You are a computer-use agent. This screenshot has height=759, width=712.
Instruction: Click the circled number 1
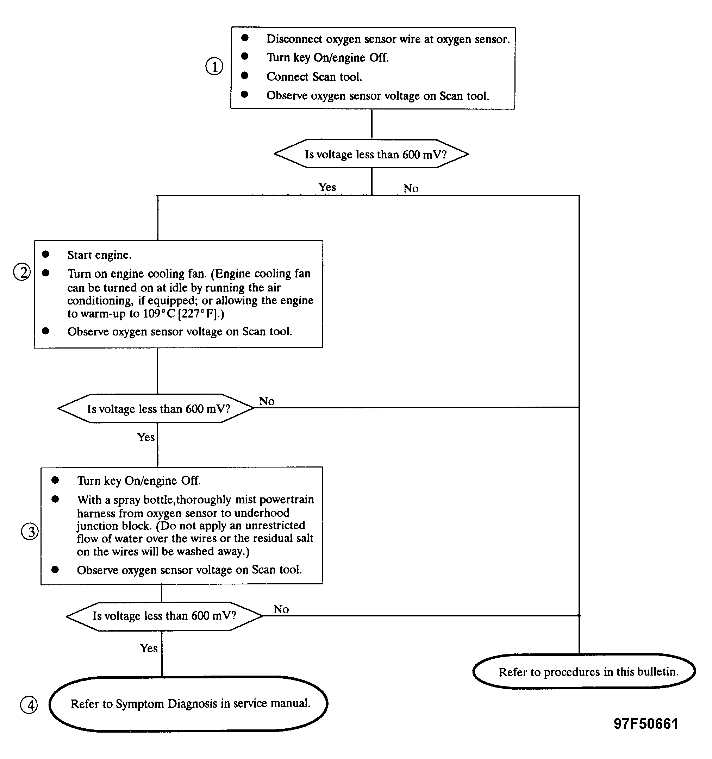click(214, 67)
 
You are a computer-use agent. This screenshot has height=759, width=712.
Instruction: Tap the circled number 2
click(22, 272)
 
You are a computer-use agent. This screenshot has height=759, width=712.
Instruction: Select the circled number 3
click(30, 532)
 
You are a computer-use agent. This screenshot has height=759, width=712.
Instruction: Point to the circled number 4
click(29, 705)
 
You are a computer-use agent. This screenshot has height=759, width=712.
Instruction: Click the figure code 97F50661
click(646, 724)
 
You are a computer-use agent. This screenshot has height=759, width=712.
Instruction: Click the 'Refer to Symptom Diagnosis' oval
click(188, 704)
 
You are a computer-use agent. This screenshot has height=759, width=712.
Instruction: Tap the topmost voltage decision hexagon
click(371, 154)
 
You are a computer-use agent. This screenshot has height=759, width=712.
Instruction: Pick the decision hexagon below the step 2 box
click(156, 408)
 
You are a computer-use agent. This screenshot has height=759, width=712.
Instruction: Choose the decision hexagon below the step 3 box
click(164, 616)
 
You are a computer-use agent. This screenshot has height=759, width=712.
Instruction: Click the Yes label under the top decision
click(327, 187)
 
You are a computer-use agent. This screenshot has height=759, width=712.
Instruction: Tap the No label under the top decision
click(411, 188)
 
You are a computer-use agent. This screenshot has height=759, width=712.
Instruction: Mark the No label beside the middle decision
click(267, 401)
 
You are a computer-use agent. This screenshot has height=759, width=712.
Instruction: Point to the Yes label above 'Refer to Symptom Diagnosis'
click(149, 648)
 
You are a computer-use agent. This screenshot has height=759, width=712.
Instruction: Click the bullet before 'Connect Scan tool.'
click(245, 75)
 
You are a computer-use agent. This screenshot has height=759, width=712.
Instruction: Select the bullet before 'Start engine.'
click(46, 254)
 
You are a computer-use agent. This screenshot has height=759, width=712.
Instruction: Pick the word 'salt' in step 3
click(304, 538)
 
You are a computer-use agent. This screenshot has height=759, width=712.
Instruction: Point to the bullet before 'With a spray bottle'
click(55, 499)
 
